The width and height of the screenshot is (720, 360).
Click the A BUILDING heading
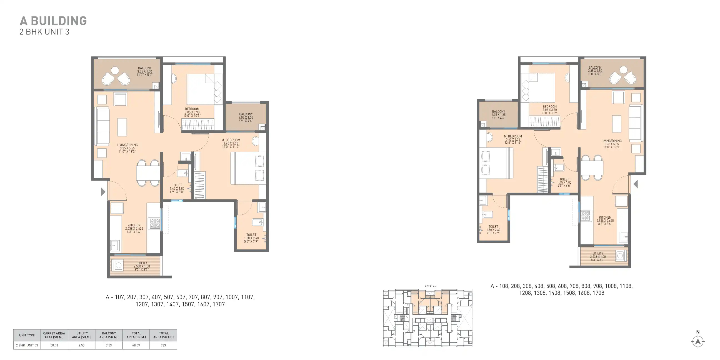(53, 21)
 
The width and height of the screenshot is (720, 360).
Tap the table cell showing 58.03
(54, 345)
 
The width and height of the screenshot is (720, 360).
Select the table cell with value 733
(163, 345)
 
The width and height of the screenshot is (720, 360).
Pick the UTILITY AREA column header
(82, 335)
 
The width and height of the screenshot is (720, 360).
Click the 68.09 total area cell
(136, 345)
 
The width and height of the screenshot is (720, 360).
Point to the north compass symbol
(698, 341)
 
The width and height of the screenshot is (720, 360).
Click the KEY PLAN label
(431, 286)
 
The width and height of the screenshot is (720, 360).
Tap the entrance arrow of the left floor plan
(103, 191)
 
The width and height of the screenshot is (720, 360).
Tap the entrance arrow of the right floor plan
(636, 184)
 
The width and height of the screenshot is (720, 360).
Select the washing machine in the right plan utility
(620, 255)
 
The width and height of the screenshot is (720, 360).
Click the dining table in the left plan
(148, 173)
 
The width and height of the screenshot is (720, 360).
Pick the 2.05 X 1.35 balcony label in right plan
(499, 115)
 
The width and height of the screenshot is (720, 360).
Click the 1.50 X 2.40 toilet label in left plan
(251, 238)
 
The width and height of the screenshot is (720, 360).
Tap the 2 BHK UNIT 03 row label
(27, 345)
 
